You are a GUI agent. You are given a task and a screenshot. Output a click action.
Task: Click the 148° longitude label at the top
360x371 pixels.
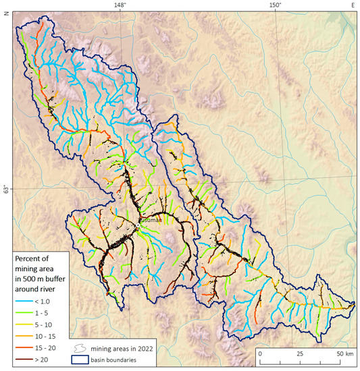120,5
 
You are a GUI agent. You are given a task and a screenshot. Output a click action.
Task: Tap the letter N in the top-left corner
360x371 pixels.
5,13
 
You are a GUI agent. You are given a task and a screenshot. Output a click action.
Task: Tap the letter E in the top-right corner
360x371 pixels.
352,5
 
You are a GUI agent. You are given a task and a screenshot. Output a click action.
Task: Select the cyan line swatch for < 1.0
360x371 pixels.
25,299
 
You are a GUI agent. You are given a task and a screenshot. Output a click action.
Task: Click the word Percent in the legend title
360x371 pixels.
31,259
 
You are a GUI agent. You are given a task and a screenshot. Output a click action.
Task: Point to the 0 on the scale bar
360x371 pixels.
260,353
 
